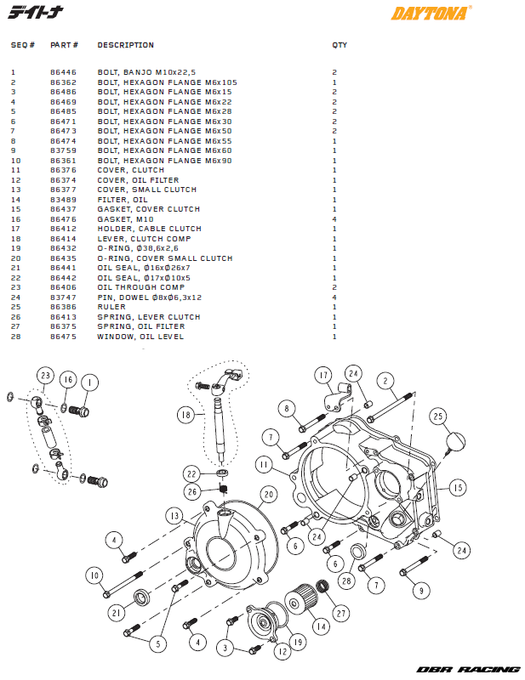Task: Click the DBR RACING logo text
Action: tap(468, 670)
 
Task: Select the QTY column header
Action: tap(340, 45)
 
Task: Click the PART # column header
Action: tap(64, 45)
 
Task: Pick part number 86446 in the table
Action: tap(63, 73)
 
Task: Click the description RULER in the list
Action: tap(111, 307)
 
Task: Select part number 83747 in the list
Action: tap(63, 297)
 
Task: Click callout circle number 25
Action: tap(437, 416)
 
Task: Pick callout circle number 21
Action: tap(114, 612)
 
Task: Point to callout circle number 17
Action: tap(322, 375)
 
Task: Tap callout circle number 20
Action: tap(269, 494)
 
